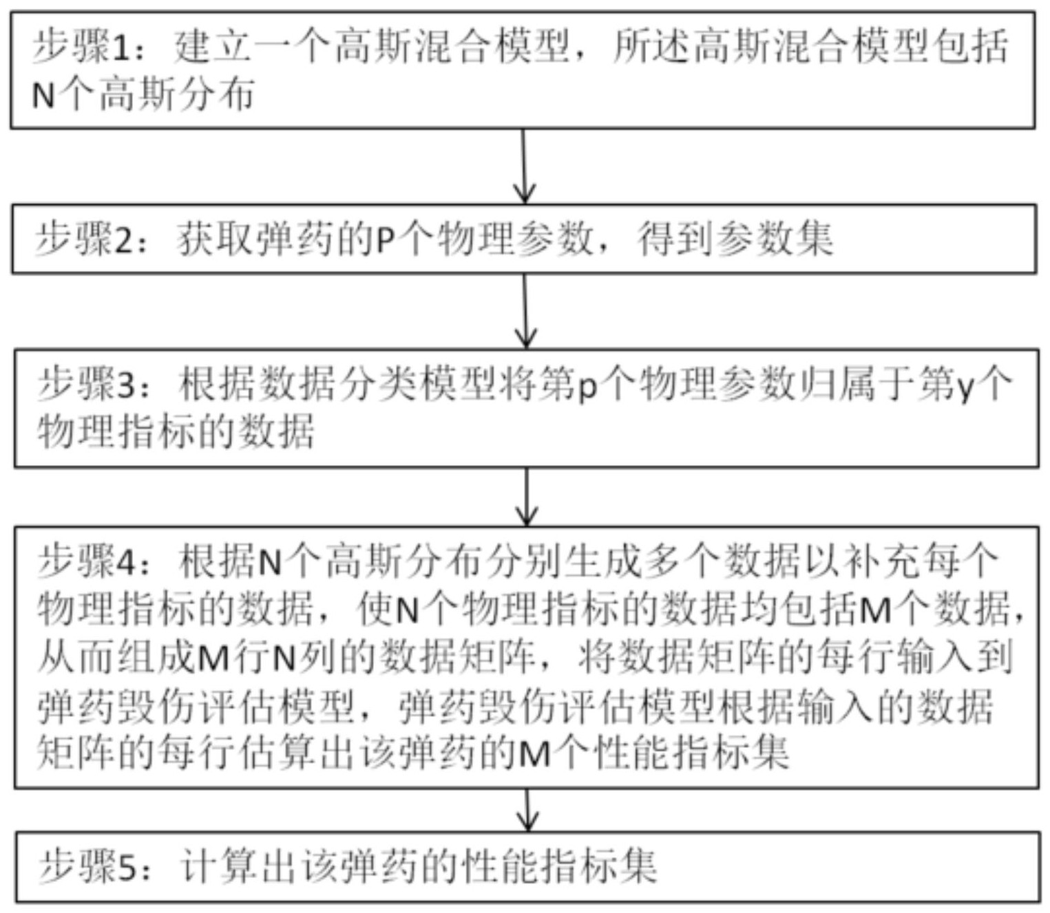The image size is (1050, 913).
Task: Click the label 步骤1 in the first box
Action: click(82, 47)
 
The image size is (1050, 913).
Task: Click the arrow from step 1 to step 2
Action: click(524, 166)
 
